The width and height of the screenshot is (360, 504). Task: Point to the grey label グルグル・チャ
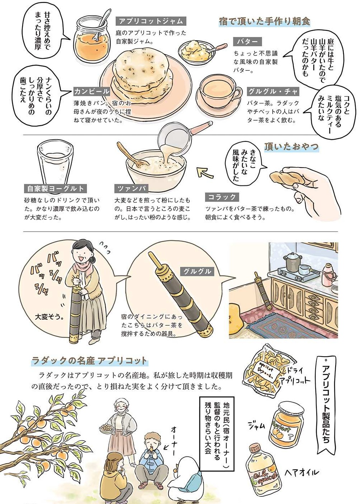273,91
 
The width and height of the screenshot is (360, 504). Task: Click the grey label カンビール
92,91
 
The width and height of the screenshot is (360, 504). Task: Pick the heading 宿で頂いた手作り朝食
264,21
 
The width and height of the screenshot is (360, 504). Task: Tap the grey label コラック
222,197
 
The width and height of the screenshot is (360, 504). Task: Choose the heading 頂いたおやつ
292,147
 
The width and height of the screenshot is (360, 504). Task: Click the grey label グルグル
197,271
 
